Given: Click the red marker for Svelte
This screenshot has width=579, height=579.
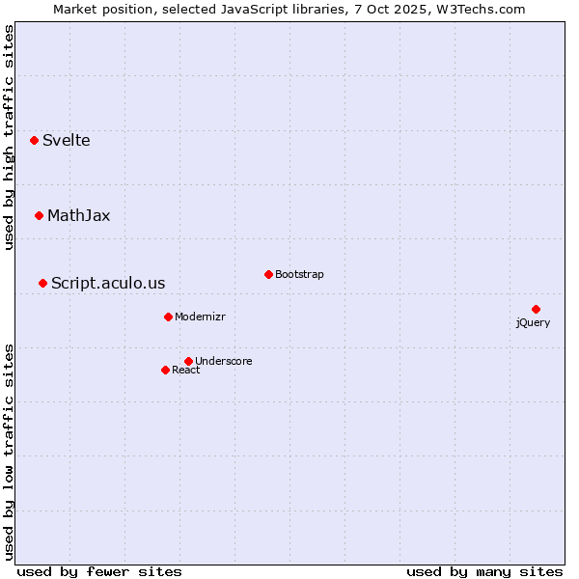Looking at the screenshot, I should [35, 140].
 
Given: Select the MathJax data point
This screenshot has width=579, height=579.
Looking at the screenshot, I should [40, 215].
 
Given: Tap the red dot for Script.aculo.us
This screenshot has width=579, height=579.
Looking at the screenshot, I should [43, 283].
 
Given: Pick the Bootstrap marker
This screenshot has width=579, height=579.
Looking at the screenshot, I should [268, 274].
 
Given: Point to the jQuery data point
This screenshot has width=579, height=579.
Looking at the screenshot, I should [536, 309].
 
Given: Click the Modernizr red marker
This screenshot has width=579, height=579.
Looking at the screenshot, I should [168, 317].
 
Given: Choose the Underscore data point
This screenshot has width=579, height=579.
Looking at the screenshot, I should [188, 361].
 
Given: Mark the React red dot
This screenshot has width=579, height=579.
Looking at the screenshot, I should [165, 370].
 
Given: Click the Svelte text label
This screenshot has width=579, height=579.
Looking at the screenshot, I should [67, 141].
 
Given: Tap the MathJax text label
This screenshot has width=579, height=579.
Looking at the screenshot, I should [79, 216].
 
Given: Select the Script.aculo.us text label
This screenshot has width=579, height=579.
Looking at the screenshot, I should [108, 284].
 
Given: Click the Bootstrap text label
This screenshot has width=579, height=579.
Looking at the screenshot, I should [299, 275].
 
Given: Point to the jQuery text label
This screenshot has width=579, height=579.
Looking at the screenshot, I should [533, 323].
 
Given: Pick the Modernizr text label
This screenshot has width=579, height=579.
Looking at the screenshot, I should [200, 317].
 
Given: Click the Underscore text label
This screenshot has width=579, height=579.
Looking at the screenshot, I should [224, 362].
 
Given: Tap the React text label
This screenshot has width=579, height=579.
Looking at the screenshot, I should [186, 371].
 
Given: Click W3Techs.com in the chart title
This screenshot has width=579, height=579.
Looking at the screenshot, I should [481, 10].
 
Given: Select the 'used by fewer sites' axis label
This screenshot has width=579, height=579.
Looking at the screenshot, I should [99, 571].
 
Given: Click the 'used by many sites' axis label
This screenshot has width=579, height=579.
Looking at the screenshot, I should [484, 571].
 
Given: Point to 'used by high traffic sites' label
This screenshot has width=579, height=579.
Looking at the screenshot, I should [10, 138].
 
